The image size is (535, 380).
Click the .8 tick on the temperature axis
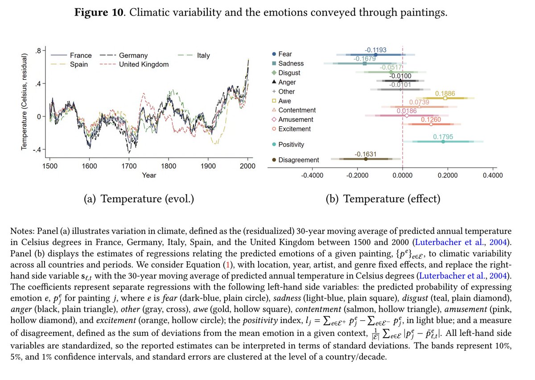click(x=39, y=51)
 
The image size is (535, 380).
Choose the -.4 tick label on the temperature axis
click(x=37, y=149)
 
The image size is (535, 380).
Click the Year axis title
click(x=149, y=175)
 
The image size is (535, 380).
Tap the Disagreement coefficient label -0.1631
click(x=366, y=154)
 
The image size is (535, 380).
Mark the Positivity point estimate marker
click(x=443, y=141)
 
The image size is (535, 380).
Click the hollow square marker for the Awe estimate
click(x=445, y=98)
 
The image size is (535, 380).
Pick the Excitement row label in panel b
click(x=294, y=129)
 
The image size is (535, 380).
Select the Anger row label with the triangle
click(x=287, y=82)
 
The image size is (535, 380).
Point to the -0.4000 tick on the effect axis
click(x=312, y=175)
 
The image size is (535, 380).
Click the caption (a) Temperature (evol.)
click(x=139, y=198)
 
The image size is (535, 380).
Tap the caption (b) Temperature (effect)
click(x=383, y=198)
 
